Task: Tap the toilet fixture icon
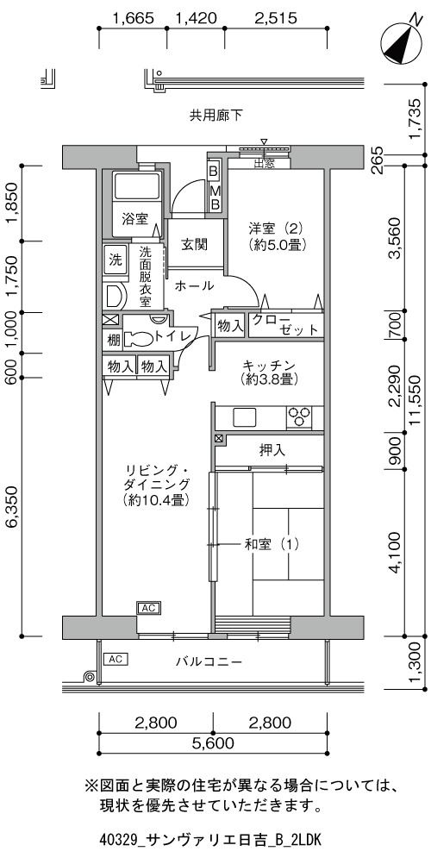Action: pyautogui.click(x=138, y=338)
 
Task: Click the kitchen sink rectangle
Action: pyautogui.click(x=245, y=417)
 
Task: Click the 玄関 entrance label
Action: pyautogui.click(x=195, y=243)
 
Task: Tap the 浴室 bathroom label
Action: pyautogui.click(x=135, y=219)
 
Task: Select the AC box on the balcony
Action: pyautogui.click(x=116, y=659)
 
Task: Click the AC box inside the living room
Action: pyautogui.click(x=148, y=608)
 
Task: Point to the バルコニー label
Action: pyautogui.click(x=209, y=661)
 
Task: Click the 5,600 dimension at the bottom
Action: pyautogui.click(x=213, y=743)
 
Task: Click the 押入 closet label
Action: pyautogui.click(x=272, y=450)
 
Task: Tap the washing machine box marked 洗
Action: pyautogui.click(x=115, y=260)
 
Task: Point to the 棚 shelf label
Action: pyautogui.click(x=113, y=340)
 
